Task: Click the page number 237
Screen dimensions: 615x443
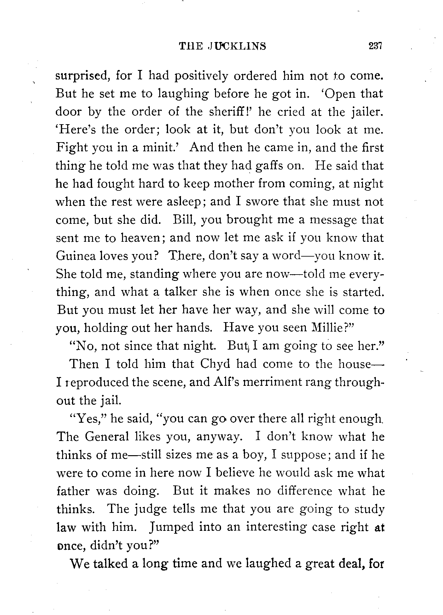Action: (375, 46)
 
